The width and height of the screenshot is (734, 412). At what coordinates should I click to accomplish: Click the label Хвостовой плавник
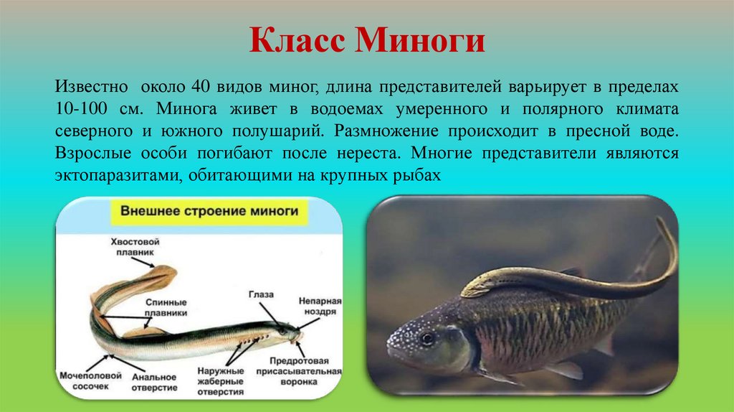click(134, 247)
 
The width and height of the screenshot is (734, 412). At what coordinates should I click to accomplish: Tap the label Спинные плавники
click(166, 307)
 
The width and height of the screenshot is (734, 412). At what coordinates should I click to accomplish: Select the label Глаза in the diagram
click(259, 296)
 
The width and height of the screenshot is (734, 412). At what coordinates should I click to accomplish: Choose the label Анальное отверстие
click(154, 380)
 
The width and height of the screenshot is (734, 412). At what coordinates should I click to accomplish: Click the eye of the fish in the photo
click(427, 337)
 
